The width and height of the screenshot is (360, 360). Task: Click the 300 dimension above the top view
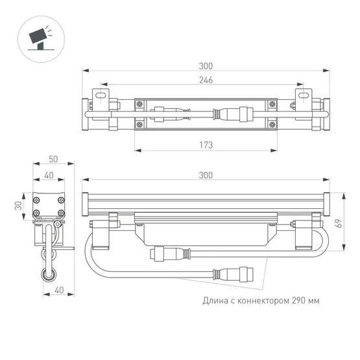[206, 66]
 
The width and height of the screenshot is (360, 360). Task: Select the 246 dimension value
[206, 80]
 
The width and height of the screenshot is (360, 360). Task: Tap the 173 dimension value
[205, 145]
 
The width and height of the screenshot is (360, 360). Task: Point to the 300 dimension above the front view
[206, 175]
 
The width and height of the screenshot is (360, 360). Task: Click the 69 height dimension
[338, 222]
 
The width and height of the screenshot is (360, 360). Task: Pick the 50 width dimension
[53, 160]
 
